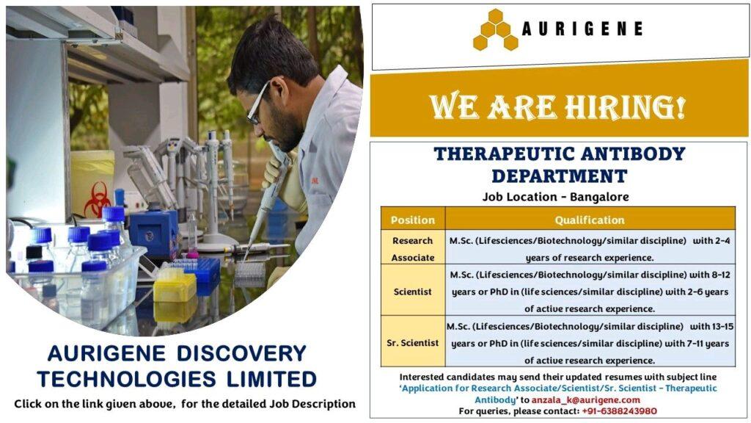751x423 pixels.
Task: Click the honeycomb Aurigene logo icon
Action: coord(496,29)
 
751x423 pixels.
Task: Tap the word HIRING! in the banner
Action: coord(625,106)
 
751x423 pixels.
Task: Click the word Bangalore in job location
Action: coord(599,197)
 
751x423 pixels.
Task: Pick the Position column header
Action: coord(412,220)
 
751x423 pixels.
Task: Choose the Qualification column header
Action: coord(590,220)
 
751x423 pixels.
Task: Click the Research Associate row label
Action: coord(412,249)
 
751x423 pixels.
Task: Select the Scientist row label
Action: coord(412,292)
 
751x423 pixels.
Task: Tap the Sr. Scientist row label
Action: coord(412,343)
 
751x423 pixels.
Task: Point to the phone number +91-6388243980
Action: coord(619,411)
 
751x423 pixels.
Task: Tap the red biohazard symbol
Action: coord(98,199)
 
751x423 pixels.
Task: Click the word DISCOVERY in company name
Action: coord(241,354)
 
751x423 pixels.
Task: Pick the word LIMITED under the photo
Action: coord(271,380)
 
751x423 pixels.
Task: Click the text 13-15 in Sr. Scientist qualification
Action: coord(722,327)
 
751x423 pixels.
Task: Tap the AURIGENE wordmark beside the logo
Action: coord(582,29)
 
